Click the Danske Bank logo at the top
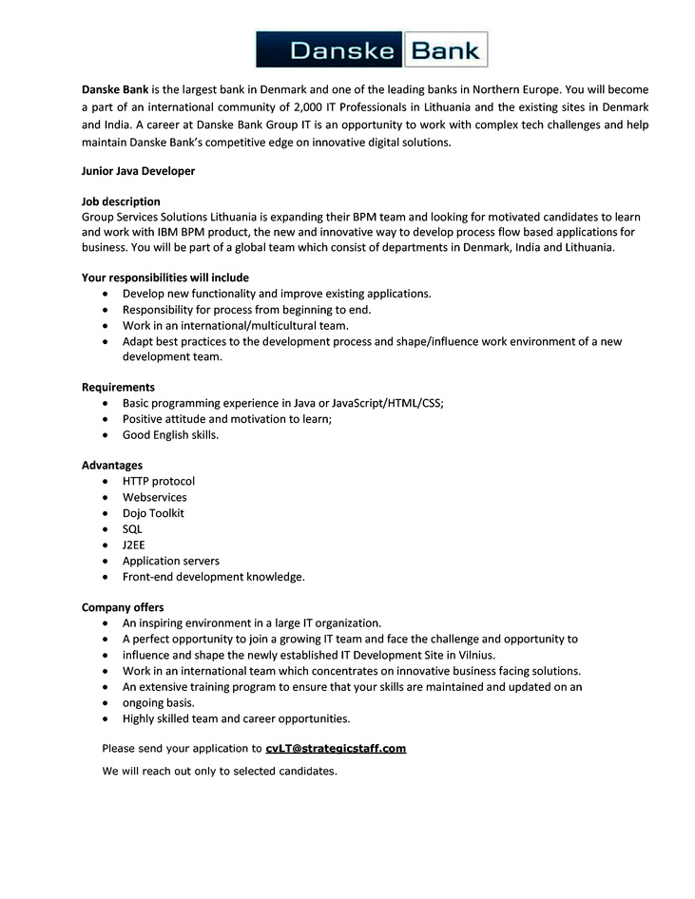point(372,49)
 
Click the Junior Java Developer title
point(138,171)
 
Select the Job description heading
point(121,201)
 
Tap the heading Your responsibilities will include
point(165,277)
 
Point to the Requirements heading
point(118,387)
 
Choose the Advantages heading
point(112,465)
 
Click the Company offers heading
point(123,607)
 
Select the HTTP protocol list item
point(158,481)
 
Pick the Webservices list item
point(154,497)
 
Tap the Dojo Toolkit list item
point(153,513)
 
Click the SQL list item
point(132,529)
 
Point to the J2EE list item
point(133,545)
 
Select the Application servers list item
point(170,561)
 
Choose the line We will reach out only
point(220,771)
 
